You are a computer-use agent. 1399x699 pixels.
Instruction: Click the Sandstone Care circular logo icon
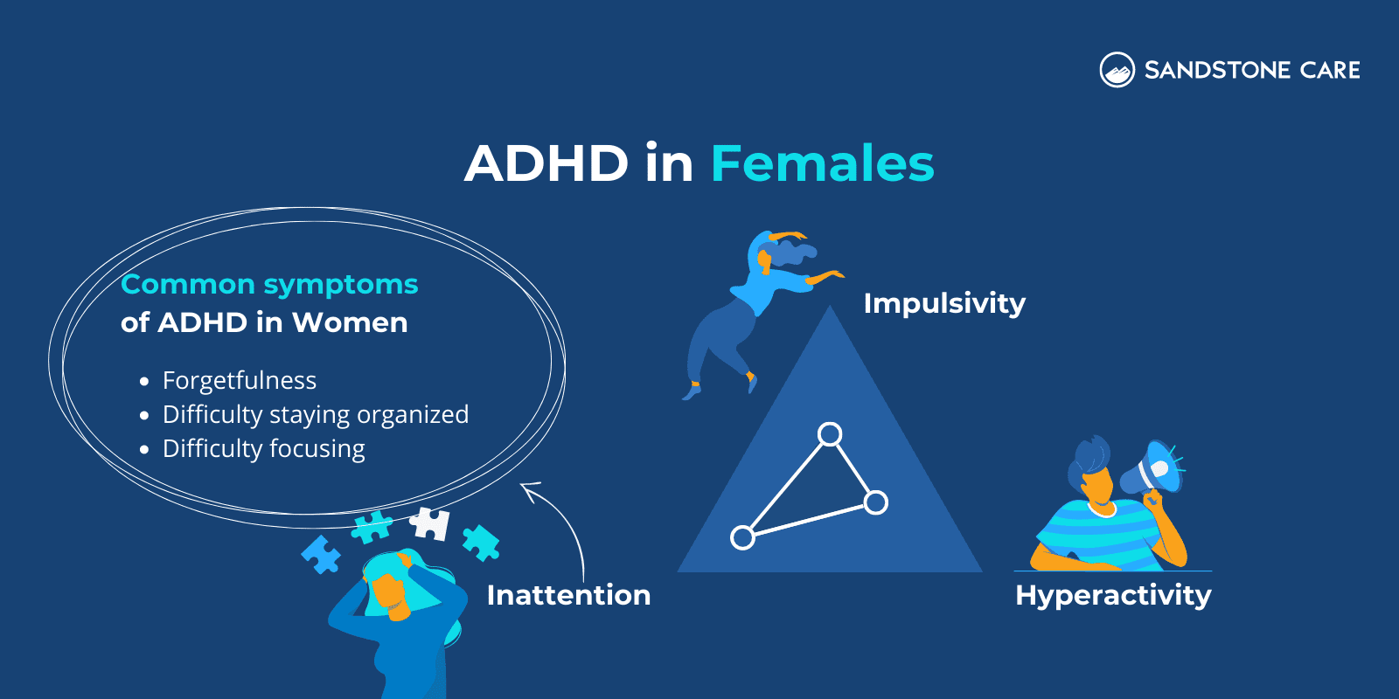[1117, 70]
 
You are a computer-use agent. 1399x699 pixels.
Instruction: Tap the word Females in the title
[822, 163]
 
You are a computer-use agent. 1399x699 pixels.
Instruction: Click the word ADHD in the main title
[546, 163]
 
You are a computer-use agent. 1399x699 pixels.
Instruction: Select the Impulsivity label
[944, 303]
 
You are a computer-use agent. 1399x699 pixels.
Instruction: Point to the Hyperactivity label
[1113, 595]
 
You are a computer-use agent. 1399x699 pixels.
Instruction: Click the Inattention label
[568, 595]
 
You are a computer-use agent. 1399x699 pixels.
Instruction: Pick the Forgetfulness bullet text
[240, 381]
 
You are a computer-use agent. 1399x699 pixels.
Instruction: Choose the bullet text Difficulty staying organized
[316, 414]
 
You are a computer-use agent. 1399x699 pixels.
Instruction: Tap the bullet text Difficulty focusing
[264, 448]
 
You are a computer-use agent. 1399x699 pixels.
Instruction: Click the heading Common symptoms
[269, 284]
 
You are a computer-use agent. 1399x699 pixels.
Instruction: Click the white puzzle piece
[431, 523]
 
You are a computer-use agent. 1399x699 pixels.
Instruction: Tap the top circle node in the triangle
[830, 433]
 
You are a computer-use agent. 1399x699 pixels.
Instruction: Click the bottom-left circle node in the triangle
[742, 537]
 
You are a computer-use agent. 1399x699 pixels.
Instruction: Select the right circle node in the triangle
[876, 502]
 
